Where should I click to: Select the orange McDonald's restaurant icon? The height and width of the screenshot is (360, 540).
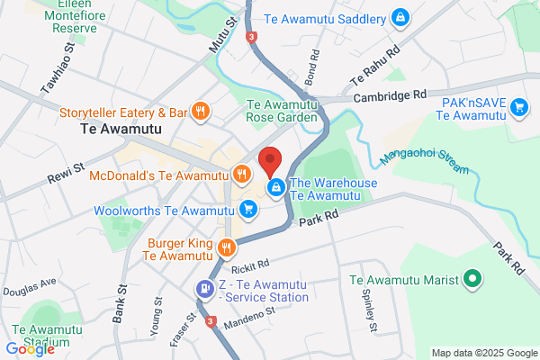tap(240, 175)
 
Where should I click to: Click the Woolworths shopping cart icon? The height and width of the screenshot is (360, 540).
tap(248, 211)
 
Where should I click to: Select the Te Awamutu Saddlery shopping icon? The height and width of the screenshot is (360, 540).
tap(400, 17)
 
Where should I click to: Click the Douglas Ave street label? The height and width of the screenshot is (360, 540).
tap(29, 286)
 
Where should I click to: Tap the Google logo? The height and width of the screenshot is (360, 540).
tap(30, 349)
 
